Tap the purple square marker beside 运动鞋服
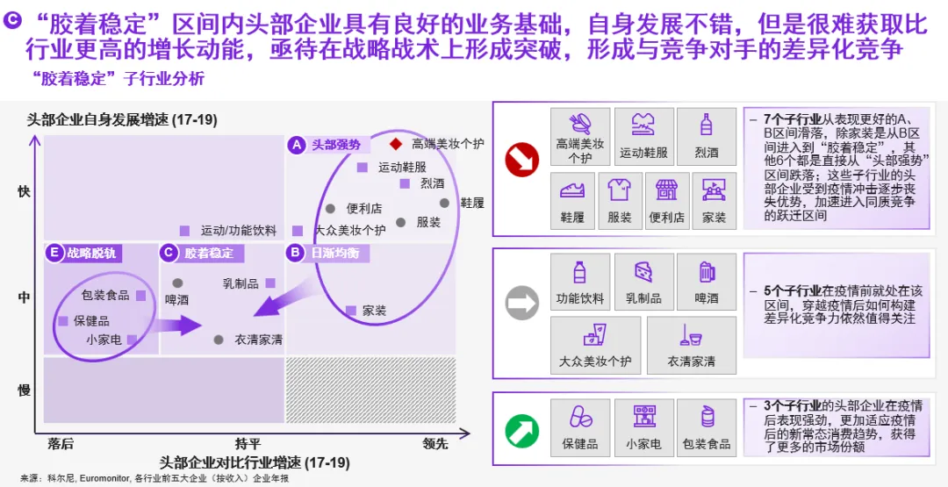pyautogui.click(x=362, y=167)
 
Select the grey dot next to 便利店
pyautogui.click(x=330, y=209)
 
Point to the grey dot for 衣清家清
pyautogui.click(x=219, y=340)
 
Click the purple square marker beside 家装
pyautogui.click(x=351, y=310)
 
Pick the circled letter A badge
pyautogui.click(x=297, y=145)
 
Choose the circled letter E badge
pyautogui.click(x=54, y=254)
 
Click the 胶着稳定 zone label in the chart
pyautogui.click(x=209, y=254)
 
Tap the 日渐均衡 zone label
pyautogui.click(x=334, y=254)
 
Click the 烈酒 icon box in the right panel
pyautogui.click(x=707, y=136)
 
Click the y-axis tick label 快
pyautogui.click(x=25, y=191)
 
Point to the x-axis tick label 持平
pyautogui.click(x=248, y=444)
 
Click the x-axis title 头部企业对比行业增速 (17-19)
pyautogui.click(x=255, y=462)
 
